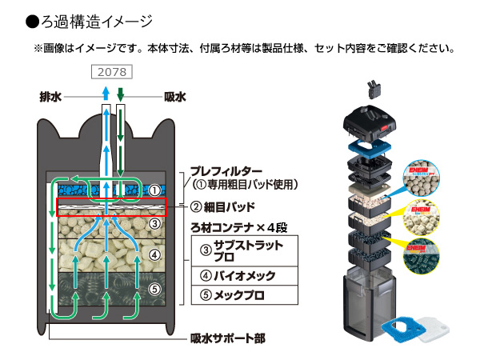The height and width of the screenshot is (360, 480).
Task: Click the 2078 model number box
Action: [112, 72]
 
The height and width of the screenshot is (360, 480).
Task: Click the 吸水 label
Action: [174, 97]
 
